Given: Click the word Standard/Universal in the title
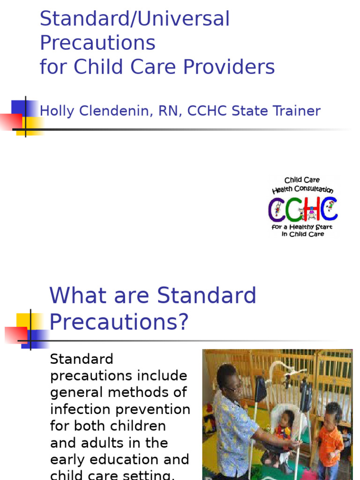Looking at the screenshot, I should coord(135,19).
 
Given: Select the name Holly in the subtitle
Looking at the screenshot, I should coord(58,111).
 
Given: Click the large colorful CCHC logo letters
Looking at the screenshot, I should coord(302,209).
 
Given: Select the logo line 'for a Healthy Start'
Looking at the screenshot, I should coord(302,227).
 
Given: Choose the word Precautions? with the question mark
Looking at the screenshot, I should coord(119,322).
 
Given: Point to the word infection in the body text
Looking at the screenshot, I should coord(79,409).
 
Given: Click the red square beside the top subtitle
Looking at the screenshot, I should coord(10,121).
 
